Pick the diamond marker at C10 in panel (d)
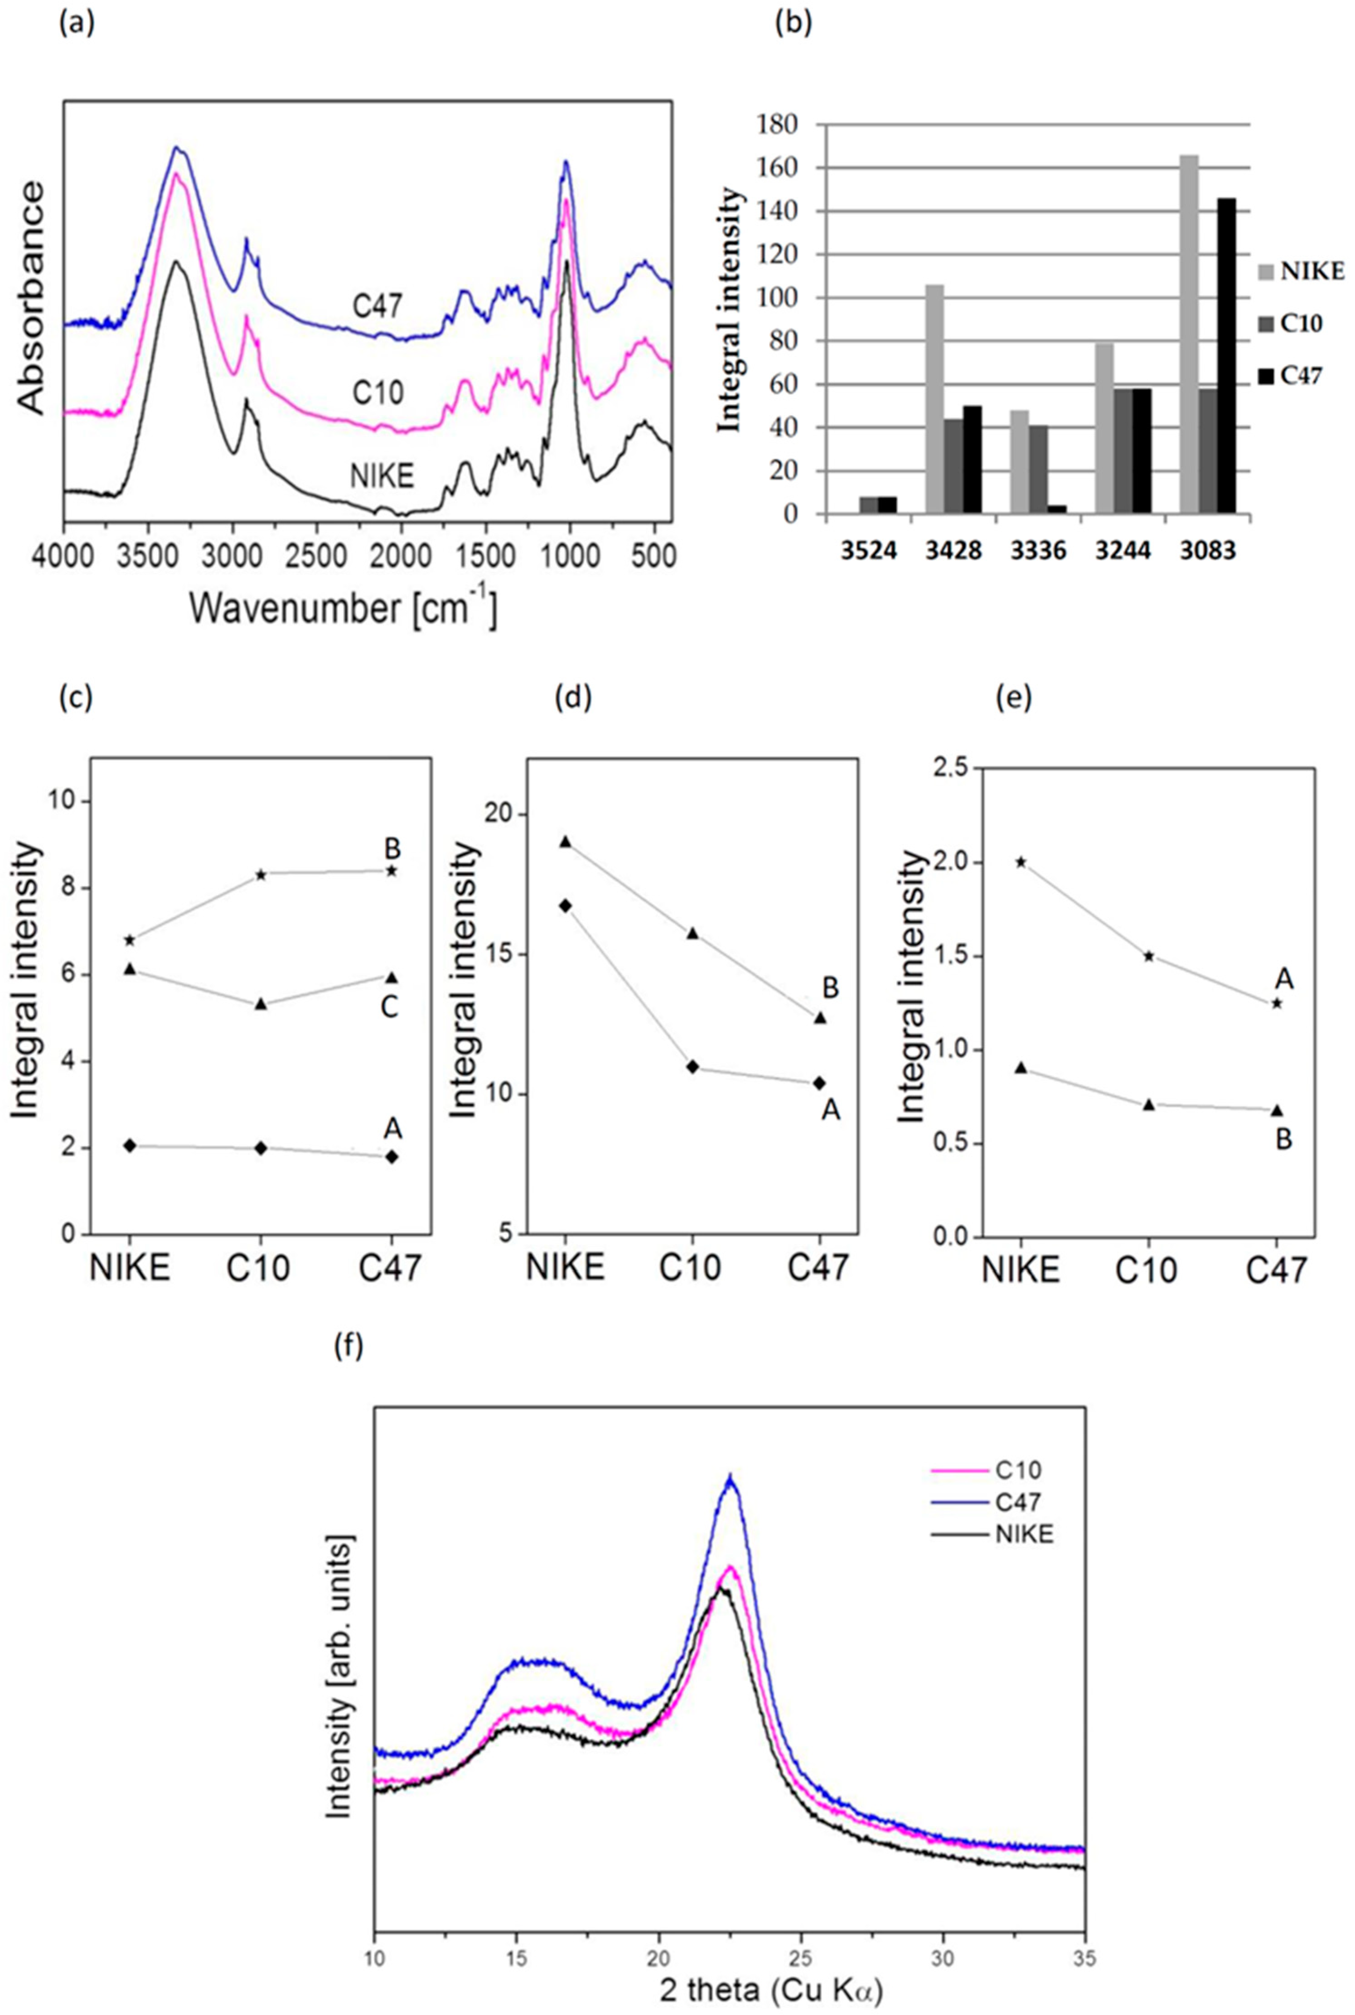pos(692,1066)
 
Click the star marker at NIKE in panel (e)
pos(1021,862)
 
